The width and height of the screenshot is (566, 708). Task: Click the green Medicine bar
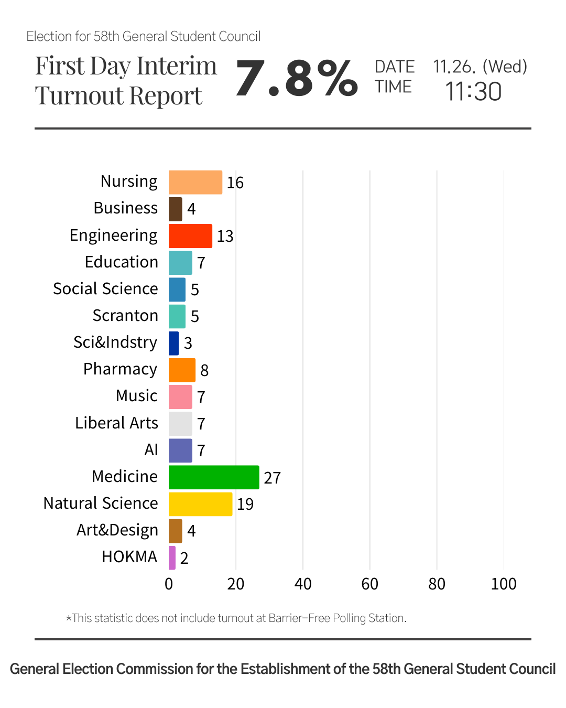(x=214, y=477)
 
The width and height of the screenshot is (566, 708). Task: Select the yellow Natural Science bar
(x=200, y=504)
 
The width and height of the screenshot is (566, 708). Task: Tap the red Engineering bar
(x=190, y=236)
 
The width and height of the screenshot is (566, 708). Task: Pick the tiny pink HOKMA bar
(x=172, y=557)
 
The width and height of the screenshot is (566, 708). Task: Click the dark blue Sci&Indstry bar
(x=173, y=343)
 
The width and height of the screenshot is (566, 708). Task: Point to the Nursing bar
(x=195, y=183)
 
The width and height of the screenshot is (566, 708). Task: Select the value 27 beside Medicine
(x=272, y=478)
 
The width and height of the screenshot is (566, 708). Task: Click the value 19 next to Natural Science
(x=245, y=505)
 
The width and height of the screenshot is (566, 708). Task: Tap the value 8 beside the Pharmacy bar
(x=204, y=371)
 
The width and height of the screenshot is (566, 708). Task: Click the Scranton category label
(x=125, y=316)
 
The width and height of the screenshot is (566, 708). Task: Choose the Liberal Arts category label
(x=116, y=423)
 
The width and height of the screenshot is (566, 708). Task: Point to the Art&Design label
(x=117, y=530)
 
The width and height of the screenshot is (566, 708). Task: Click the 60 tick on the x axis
(x=369, y=584)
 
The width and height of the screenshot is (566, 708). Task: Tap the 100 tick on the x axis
(x=504, y=584)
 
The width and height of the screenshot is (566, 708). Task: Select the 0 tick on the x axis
(x=169, y=584)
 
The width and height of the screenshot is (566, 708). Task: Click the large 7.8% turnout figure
(x=297, y=79)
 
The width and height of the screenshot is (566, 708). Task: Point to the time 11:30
(x=473, y=92)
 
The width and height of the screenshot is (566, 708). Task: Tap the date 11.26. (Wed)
(x=480, y=67)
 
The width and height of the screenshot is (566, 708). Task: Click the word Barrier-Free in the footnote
(x=299, y=618)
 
